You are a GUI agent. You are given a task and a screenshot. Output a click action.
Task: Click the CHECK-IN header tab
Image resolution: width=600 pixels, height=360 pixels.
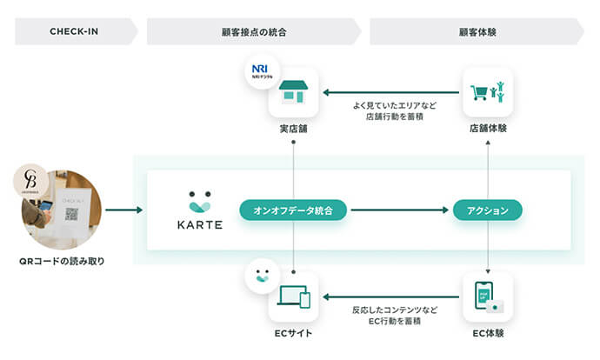tap(74, 32)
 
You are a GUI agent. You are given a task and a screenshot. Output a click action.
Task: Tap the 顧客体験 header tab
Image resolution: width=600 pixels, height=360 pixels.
tap(477, 32)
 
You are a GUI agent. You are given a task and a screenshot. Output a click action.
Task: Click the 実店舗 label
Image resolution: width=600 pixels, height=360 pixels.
tap(294, 129)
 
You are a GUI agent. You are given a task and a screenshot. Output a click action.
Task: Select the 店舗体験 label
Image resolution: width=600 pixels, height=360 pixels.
tap(488, 129)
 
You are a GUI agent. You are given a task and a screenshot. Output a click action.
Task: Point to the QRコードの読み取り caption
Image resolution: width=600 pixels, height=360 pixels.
tap(61, 261)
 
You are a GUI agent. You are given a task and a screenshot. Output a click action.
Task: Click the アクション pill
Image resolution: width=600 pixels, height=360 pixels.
tap(487, 210)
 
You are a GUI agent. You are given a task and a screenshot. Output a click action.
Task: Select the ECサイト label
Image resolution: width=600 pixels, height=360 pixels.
tap(294, 333)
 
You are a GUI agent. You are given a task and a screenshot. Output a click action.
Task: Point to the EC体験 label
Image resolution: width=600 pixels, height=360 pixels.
tap(488, 333)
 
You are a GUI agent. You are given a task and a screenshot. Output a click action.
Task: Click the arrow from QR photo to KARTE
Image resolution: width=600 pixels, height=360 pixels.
tap(123, 210)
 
